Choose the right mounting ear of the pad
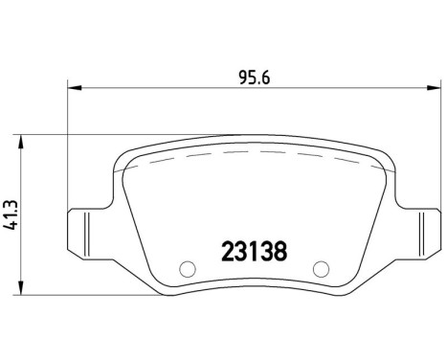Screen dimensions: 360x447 click(418, 231)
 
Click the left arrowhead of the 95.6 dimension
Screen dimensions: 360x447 click(73, 89)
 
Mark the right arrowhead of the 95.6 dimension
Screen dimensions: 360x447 click(432, 89)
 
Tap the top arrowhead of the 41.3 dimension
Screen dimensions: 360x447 click(23, 140)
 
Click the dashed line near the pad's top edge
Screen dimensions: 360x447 click(253, 155)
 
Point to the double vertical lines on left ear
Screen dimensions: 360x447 click(86, 231)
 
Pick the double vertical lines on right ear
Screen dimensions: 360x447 click(419, 231)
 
